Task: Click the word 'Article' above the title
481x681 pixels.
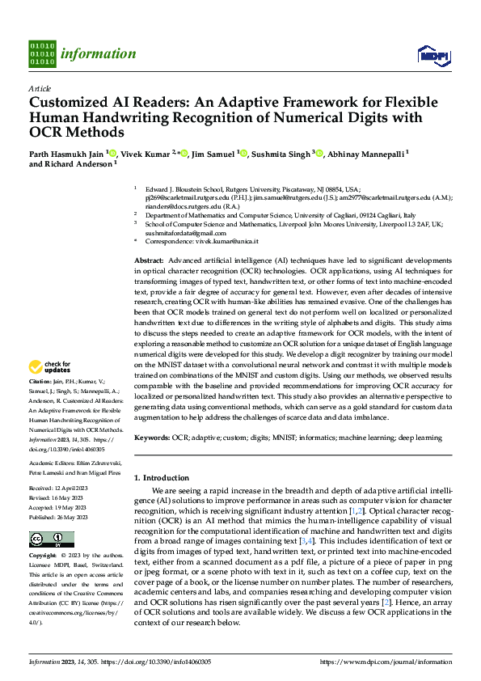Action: [x=40, y=88]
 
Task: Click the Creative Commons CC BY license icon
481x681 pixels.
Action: [x=46, y=539]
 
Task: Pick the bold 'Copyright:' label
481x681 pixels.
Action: [x=43, y=556]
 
